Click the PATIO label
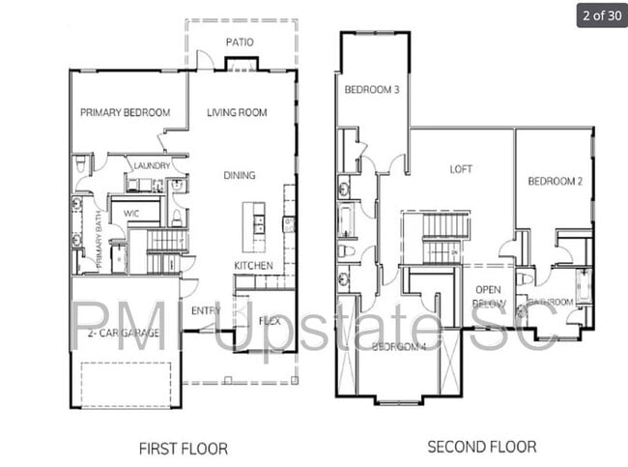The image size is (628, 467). click(240, 43)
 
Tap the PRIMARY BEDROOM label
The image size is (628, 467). click(125, 112)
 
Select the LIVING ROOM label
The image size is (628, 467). click(237, 112)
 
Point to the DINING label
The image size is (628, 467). click(240, 175)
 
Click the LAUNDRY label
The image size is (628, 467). click(153, 165)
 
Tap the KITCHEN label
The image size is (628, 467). click(252, 265)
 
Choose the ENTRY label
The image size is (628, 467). click(206, 310)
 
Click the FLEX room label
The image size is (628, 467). click(270, 320)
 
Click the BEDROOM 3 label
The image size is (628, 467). click(371, 90)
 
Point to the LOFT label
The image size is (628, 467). click(461, 168)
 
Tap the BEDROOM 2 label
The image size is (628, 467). click(554, 181)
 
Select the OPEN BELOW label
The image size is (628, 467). click(487, 295)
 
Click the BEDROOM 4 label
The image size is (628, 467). click(400, 346)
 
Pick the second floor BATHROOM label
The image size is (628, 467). click(550, 302)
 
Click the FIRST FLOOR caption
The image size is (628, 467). click(184, 448)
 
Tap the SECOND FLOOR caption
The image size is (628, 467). click(482, 447)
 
